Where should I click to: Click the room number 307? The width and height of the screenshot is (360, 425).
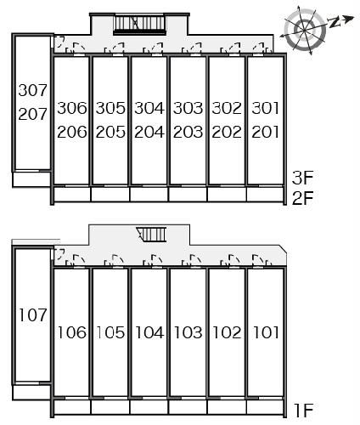pos(33,90)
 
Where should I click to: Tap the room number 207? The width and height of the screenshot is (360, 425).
pos(33,114)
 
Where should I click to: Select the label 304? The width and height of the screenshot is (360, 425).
pos(149,108)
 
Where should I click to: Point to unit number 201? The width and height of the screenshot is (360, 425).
pos(266,132)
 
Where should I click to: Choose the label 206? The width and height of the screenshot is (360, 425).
pos(72,132)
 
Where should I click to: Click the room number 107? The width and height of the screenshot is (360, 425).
pos(33,315)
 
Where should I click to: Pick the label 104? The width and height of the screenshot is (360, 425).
pos(149,332)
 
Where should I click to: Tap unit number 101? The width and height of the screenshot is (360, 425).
pos(266,332)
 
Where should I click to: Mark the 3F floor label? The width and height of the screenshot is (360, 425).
pos(303,178)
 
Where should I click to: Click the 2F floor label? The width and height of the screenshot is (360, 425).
pos(303,198)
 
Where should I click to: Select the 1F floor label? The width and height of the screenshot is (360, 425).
pos(303,411)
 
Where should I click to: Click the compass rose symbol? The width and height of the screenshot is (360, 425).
pos(304,30)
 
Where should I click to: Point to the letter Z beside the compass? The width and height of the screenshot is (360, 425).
pos(334,22)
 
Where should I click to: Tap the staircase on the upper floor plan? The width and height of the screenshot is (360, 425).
pos(139,25)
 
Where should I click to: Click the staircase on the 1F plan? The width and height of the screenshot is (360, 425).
pos(151,235)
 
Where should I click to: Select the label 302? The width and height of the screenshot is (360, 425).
pos(227,108)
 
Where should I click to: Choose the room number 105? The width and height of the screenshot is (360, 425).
pos(110,332)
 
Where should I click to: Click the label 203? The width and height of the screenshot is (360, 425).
pos(188,132)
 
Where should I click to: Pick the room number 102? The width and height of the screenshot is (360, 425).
pos(227,332)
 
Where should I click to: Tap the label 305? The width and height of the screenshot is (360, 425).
pos(110,108)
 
